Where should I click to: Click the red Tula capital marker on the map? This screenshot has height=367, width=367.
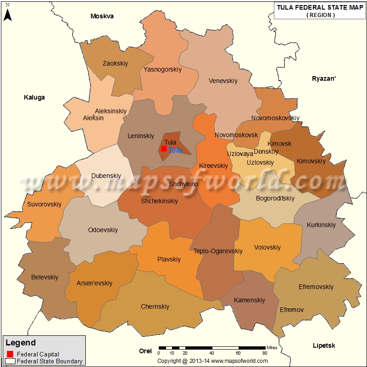point(164,149)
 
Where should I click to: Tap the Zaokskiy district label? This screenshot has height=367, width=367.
point(115,63)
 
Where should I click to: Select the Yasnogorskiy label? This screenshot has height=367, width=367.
point(162,69)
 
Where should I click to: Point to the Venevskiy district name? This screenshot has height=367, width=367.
point(223,81)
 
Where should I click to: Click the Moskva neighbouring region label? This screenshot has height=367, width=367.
point(102,16)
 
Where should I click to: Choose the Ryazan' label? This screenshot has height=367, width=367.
point(324,78)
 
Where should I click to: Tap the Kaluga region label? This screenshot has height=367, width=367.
point(34,97)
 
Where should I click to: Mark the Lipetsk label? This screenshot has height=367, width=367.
point(324,345)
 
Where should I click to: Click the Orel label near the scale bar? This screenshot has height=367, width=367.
point(145,351)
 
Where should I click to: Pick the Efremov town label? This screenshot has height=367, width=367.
point(292,310)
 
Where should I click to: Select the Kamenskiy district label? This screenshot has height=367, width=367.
point(250,300)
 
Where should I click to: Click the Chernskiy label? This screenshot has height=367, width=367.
point(155,306)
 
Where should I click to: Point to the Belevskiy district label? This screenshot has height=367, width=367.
point(44,277)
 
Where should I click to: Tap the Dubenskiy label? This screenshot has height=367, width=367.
point(106,176)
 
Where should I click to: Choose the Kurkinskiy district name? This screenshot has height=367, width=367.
point(321,225)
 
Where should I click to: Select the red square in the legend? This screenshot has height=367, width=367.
point(10,354)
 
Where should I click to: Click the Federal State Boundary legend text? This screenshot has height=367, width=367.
point(50,361)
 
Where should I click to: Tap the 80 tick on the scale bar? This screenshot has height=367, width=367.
point(265,353)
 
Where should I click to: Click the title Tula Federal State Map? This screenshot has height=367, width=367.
point(320,7)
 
